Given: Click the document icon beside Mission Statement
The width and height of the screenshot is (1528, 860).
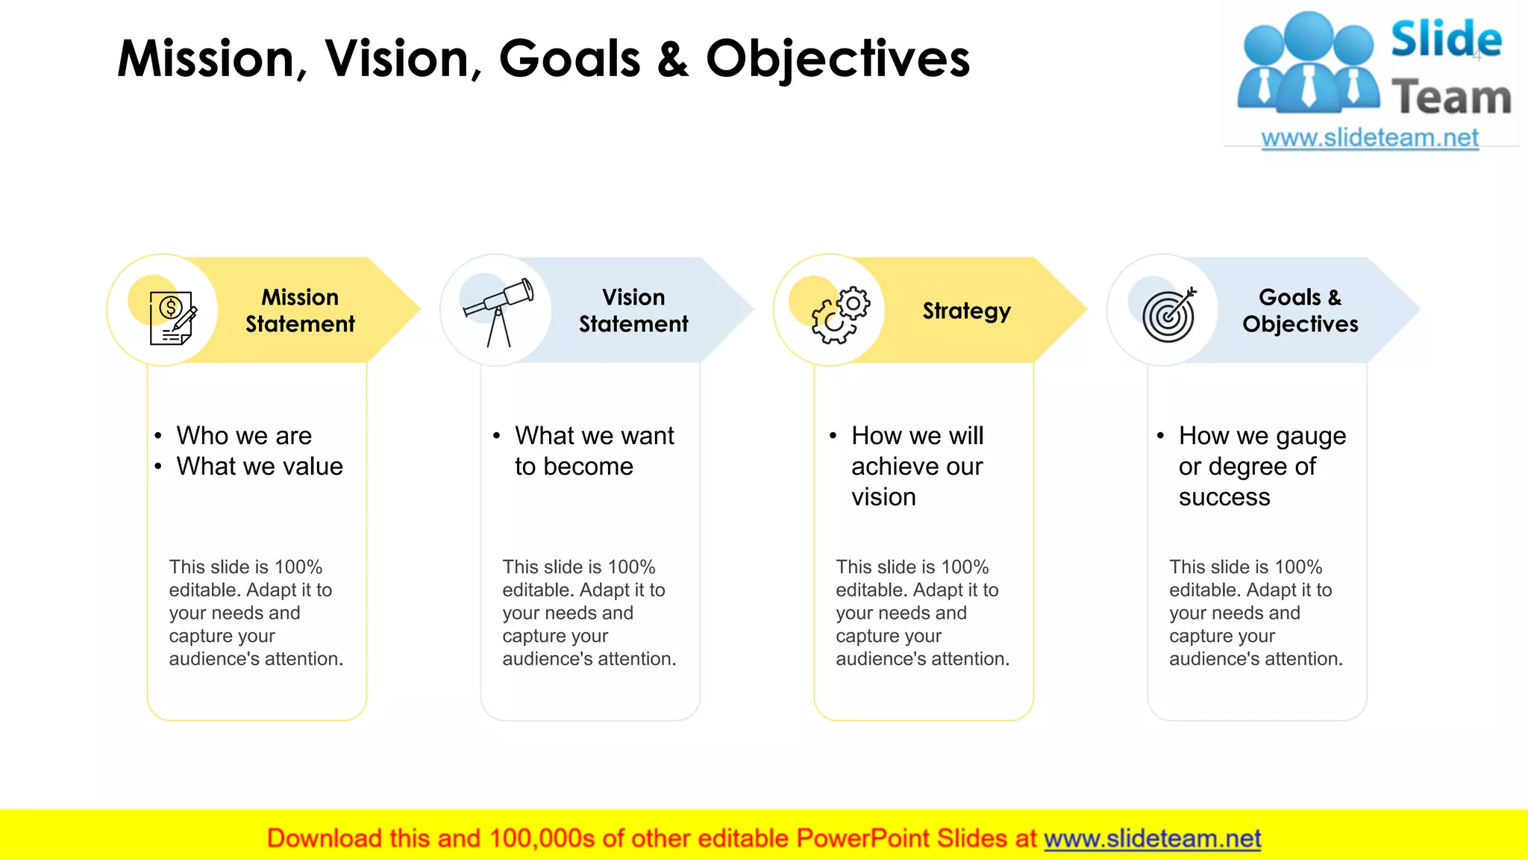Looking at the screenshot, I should [172, 317].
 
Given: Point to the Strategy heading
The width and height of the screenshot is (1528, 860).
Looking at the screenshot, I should [966, 311].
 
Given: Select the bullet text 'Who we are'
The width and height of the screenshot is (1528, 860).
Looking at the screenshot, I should [244, 435].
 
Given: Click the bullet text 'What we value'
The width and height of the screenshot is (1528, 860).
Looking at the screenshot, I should [260, 467].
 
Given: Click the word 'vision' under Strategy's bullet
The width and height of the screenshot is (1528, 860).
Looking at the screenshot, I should [883, 497].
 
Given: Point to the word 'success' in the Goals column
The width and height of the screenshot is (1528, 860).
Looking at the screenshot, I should [1224, 497].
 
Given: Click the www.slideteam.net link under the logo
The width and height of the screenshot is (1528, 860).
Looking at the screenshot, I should [1369, 138].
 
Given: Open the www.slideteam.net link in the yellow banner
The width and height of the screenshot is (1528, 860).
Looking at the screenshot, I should [1152, 838].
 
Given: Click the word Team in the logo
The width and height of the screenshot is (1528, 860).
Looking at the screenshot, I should [1450, 98].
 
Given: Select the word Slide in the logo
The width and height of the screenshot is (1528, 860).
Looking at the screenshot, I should [1445, 39].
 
